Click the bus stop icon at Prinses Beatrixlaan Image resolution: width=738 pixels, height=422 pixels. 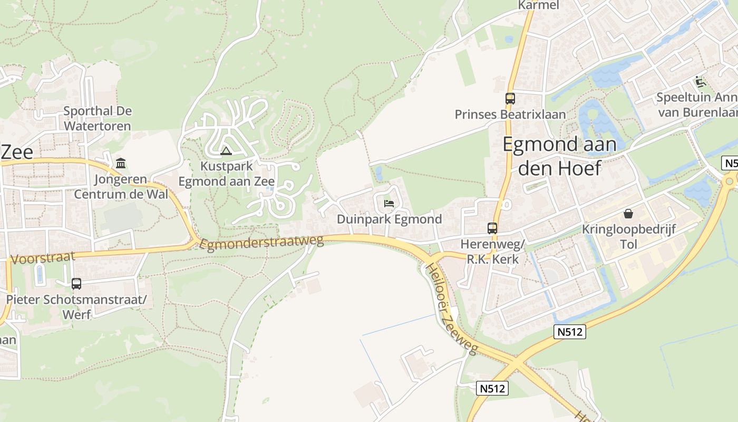click(510, 98)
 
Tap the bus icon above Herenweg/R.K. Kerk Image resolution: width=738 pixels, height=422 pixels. click(492, 228)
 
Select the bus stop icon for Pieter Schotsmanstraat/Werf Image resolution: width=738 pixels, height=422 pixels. click(76, 283)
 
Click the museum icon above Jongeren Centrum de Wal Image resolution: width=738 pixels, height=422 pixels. click(121, 163)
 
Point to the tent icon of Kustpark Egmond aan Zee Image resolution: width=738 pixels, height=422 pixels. click(226, 151)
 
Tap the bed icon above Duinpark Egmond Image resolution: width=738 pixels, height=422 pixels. click(389, 203)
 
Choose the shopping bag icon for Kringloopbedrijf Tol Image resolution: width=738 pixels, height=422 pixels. click(628, 214)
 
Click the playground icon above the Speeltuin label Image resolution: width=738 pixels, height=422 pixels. click(700, 82)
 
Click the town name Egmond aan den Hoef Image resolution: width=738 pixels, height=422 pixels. click(559, 156)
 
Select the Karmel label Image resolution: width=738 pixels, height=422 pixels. click(538, 5)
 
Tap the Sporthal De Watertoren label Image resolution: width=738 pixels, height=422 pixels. click(98, 119)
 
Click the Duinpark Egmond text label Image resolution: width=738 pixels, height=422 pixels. click(389, 219)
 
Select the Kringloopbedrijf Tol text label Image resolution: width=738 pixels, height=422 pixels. click(628, 237)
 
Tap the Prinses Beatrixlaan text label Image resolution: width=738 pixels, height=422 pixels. click(510, 114)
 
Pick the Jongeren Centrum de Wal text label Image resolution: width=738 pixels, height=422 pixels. click(121, 187)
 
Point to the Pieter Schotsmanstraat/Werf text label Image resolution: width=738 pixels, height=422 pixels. click(76, 307)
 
